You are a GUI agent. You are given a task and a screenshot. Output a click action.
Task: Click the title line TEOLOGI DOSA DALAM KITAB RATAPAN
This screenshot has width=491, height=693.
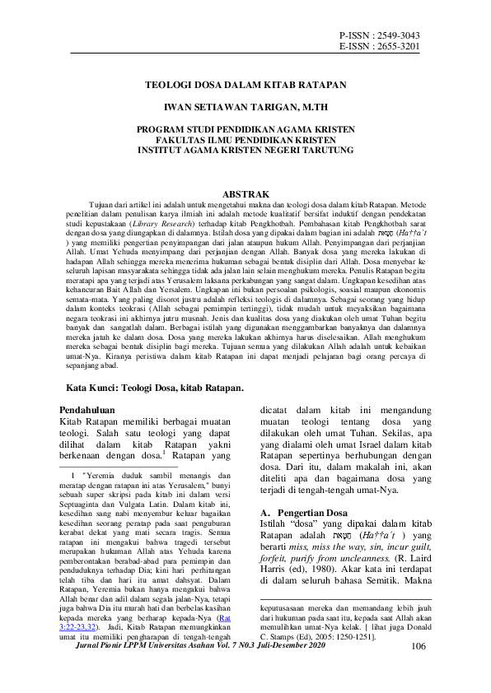(x=245, y=84)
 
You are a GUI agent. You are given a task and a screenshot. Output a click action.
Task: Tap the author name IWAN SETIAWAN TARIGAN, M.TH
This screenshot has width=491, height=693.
(x=245, y=107)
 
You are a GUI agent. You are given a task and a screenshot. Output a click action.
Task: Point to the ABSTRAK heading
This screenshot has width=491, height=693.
(x=245, y=192)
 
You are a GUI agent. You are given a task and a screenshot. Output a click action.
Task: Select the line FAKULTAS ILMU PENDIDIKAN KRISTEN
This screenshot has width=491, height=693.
(x=245, y=141)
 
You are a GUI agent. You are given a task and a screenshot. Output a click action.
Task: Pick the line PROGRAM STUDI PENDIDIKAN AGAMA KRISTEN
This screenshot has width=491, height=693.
(x=245, y=130)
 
